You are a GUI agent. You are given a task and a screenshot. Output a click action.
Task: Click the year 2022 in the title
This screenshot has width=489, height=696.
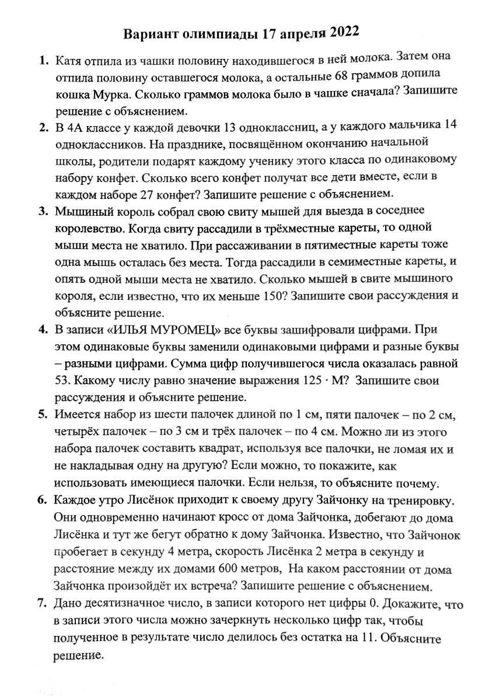345,33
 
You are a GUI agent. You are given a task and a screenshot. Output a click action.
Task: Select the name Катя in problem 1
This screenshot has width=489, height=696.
69,60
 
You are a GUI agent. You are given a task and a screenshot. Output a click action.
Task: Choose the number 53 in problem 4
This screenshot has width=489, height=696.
62,381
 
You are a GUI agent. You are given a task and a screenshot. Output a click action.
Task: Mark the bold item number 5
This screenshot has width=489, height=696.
42,415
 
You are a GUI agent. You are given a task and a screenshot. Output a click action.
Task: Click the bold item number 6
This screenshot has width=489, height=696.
42,500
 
